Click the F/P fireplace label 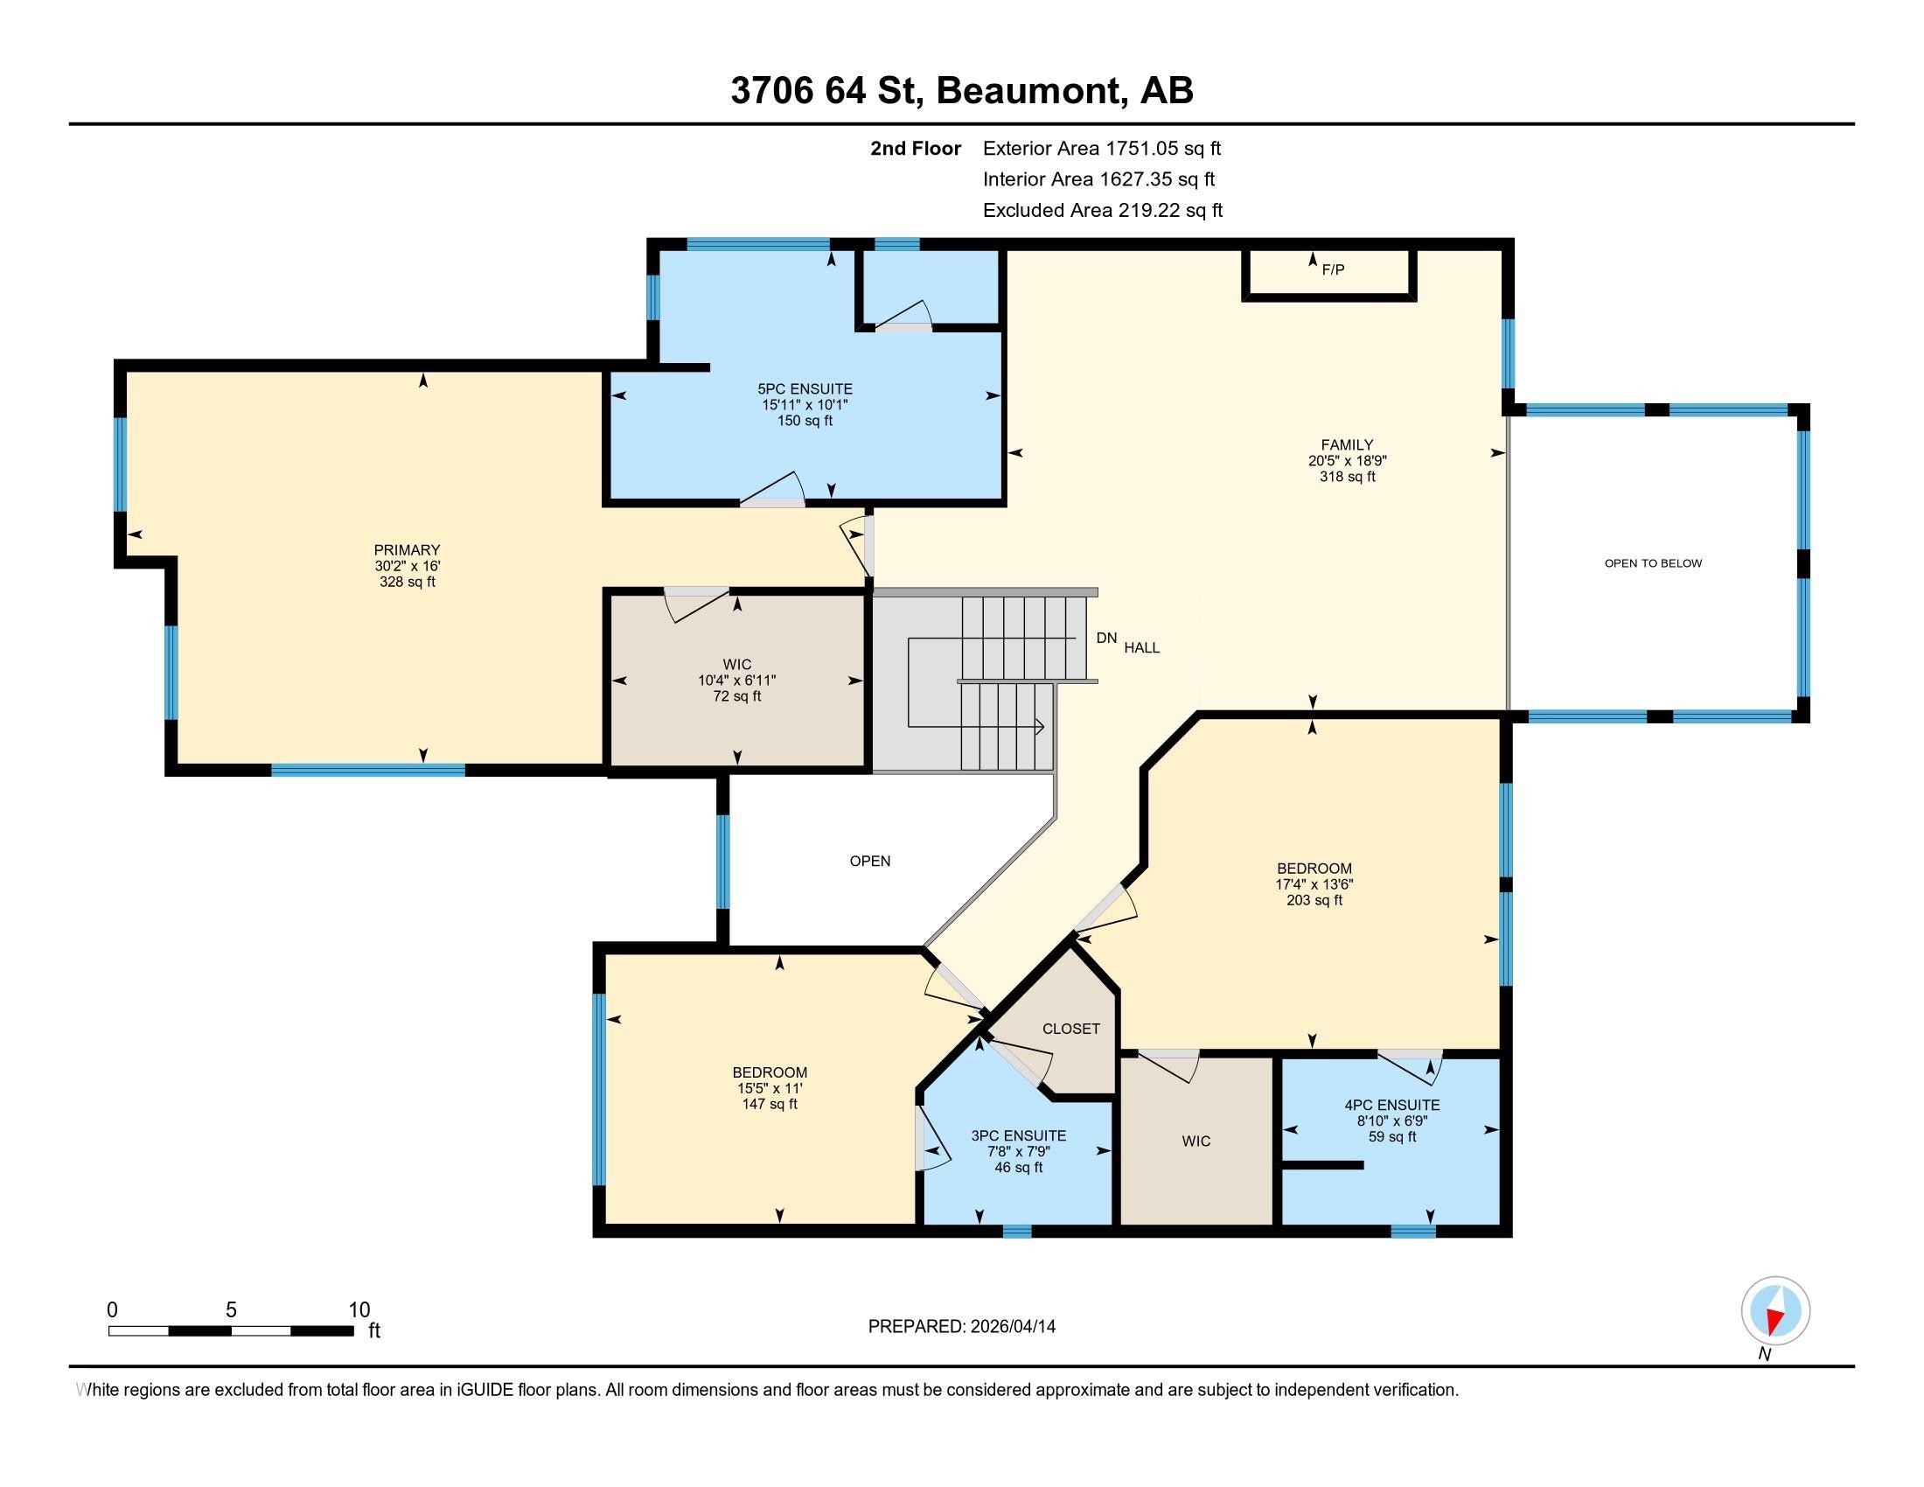click(x=1333, y=269)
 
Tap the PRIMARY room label click(x=407, y=550)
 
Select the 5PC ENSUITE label click(x=805, y=389)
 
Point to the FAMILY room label click(x=1347, y=446)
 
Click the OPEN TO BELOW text click(x=1654, y=563)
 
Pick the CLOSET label click(x=1071, y=1029)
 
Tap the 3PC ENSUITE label click(x=1018, y=1136)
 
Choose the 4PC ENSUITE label click(x=1392, y=1106)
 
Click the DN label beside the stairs click(x=1106, y=638)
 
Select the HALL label click(x=1141, y=647)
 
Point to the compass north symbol click(x=1775, y=1312)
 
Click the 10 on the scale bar click(x=359, y=1310)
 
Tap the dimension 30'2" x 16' click(x=407, y=567)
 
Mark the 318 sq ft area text click(x=1347, y=478)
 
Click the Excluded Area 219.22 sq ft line click(x=1103, y=211)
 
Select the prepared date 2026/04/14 click(x=1011, y=1327)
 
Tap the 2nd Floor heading click(x=916, y=149)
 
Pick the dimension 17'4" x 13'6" click(x=1314, y=884)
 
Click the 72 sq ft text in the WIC click(x=737, y=697)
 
